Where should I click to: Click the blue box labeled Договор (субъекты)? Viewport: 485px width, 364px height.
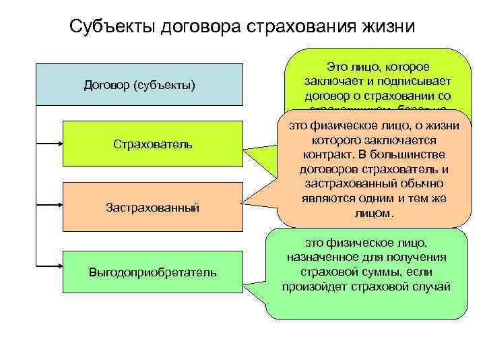139,85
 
